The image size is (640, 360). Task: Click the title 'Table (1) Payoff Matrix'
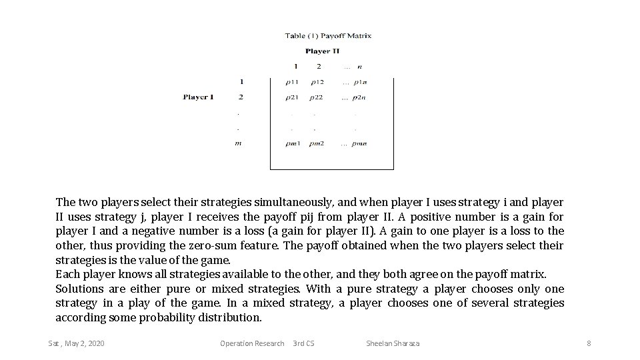328,35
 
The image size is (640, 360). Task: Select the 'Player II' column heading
322,51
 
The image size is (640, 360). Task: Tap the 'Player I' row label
198,97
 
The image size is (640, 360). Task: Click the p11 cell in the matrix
291,82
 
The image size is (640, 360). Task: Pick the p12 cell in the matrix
317,82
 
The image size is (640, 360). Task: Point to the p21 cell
291,97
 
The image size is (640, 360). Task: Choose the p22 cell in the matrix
317,97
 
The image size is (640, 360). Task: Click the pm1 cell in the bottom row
293,143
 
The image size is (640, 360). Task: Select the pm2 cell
317,143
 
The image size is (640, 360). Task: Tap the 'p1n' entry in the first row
359,82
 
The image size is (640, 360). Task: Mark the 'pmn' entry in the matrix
359,143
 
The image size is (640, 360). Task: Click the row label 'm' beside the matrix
238,143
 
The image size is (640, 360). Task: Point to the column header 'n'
360,66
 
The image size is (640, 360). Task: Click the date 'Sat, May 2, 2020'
76,343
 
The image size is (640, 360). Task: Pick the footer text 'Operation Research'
252,343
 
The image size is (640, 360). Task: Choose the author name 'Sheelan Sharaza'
393,343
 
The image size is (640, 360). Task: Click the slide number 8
589,343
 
